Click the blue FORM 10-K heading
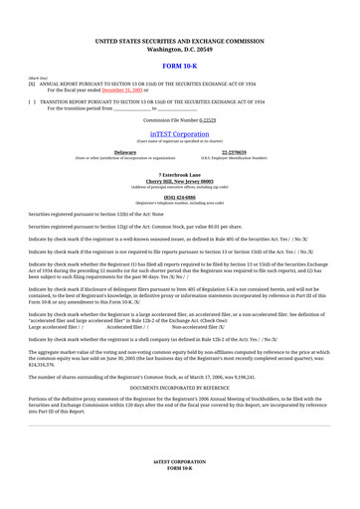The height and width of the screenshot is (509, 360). [180, 64]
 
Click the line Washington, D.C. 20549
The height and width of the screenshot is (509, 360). [180, 48]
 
